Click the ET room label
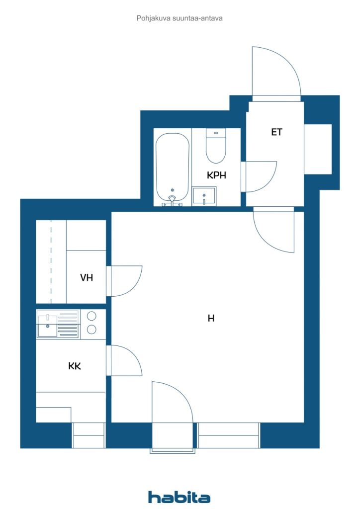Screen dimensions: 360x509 pyautogui.click(x=276, y=132)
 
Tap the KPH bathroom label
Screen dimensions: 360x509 pyautogui.click(x=216, y=175)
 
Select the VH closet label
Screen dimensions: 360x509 pyautogui.click(x=87, y=277)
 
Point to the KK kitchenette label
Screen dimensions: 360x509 pyautogui.click(x=75, y=366)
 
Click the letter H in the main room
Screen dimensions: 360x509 pyautogui.click(x=211, y=318)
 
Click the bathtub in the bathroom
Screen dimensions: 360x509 pyautogui.click(x=173, y=169)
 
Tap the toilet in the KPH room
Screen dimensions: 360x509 pyautogui.click(x=216, y=146)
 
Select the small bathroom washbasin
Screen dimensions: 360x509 pyautogui.click(x=204, y=196)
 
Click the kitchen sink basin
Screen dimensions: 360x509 pyautogui.click(x=48, y=326)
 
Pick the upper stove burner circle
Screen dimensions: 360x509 pyautogui.click(x=91, y=316)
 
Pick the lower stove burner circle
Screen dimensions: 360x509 pyautogui.click(x=91, y=330)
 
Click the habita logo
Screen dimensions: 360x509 pyautogui.click(x=179, y=497)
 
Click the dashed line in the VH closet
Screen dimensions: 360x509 pyautogui.click(x=51, y=261)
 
